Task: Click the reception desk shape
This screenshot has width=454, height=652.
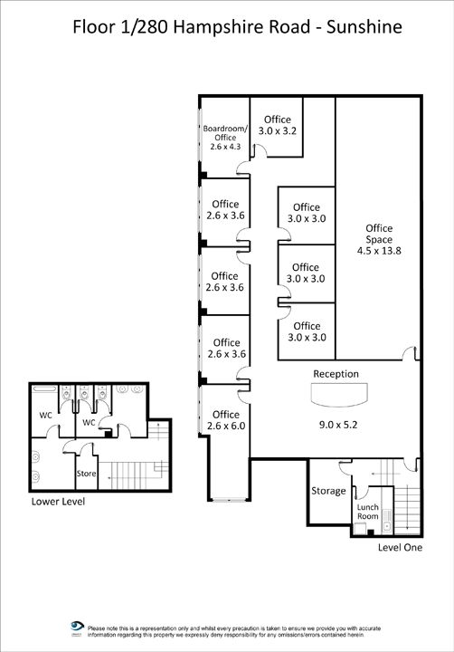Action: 339,395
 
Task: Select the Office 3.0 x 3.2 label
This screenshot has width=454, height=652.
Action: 278,125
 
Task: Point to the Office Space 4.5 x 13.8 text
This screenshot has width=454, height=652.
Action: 379,239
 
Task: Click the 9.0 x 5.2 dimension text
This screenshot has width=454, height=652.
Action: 338,425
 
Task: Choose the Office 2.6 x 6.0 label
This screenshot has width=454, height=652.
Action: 226,420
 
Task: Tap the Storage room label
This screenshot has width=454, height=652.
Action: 328,491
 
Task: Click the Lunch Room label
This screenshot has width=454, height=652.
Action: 367,512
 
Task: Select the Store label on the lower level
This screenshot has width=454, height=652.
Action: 86,474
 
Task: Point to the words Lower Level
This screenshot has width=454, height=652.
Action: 58,502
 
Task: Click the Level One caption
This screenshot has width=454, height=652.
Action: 400,547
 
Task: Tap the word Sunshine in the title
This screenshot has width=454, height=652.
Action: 364,27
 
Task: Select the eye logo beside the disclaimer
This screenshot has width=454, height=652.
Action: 77,627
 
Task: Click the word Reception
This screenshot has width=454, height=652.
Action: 336,374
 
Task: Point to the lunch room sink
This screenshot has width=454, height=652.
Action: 387,520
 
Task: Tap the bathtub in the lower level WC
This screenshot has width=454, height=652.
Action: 44,389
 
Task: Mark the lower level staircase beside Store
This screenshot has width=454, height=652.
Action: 134,475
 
